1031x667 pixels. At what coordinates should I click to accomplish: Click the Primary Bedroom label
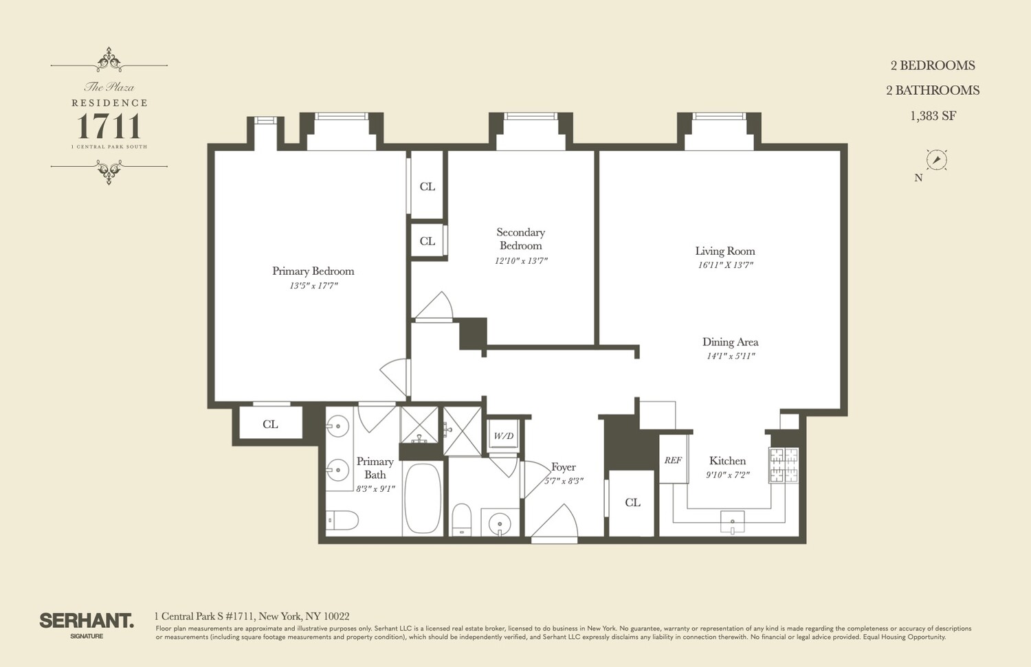coord(313,271)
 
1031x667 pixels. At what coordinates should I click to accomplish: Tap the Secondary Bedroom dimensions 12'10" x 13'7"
coord(521,260)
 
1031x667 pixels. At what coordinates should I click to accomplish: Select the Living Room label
coord(724,251)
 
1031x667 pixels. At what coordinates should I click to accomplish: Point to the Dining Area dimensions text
coord(731,356)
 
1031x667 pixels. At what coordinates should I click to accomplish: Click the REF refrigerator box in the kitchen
coord(673,460)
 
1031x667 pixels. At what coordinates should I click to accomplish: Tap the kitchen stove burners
coord(783,465)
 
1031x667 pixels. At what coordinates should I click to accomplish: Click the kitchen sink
coord(733,521)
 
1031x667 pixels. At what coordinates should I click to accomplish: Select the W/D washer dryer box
coord(503,436)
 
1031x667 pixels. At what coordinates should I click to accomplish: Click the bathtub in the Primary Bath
coord(422,498)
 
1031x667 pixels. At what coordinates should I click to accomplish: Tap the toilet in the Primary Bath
coord(342,520)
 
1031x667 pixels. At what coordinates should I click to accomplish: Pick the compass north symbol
coord(936,160)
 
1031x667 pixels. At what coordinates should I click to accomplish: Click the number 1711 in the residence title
coord(109,126)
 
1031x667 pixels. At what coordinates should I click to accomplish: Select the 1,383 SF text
coord(933,115)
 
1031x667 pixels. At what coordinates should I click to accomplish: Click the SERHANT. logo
coord(86,621)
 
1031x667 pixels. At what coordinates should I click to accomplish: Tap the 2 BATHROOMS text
coord(933,90)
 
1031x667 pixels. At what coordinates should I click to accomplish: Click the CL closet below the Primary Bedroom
coord(270,424)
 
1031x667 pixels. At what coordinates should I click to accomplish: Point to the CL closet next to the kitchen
coord(632,502)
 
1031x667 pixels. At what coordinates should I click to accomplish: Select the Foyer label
coord(563,466)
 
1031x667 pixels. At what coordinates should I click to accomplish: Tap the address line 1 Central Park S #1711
coord(252,616)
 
